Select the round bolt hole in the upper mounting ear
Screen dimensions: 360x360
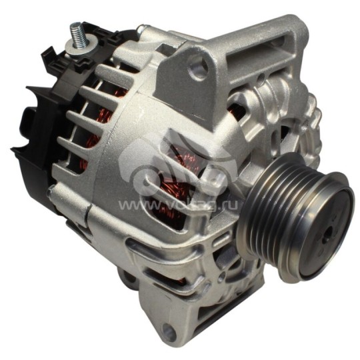[x=197, y=66]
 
